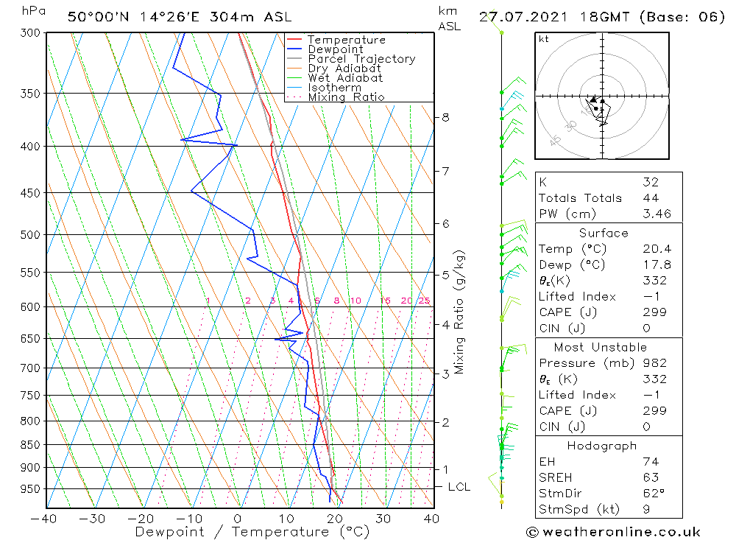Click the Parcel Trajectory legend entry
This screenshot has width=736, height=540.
pos(361,59)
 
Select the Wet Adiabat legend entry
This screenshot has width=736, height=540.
pos(344,78)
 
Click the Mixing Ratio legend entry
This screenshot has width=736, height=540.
pos(346,97)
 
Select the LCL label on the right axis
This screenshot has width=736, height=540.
pos(459,487)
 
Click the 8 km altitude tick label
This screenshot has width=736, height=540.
pos(445,117)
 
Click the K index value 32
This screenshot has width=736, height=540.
pos(651,182)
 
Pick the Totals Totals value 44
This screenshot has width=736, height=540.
pos(651,198)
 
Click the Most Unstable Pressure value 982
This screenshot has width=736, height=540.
pos(654,363)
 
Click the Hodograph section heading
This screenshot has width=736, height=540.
pos(602,446)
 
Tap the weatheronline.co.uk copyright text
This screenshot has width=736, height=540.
pos(613,532)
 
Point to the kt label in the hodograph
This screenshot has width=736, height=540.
pos(543,39)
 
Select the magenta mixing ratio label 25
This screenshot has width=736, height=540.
pos(424,301)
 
